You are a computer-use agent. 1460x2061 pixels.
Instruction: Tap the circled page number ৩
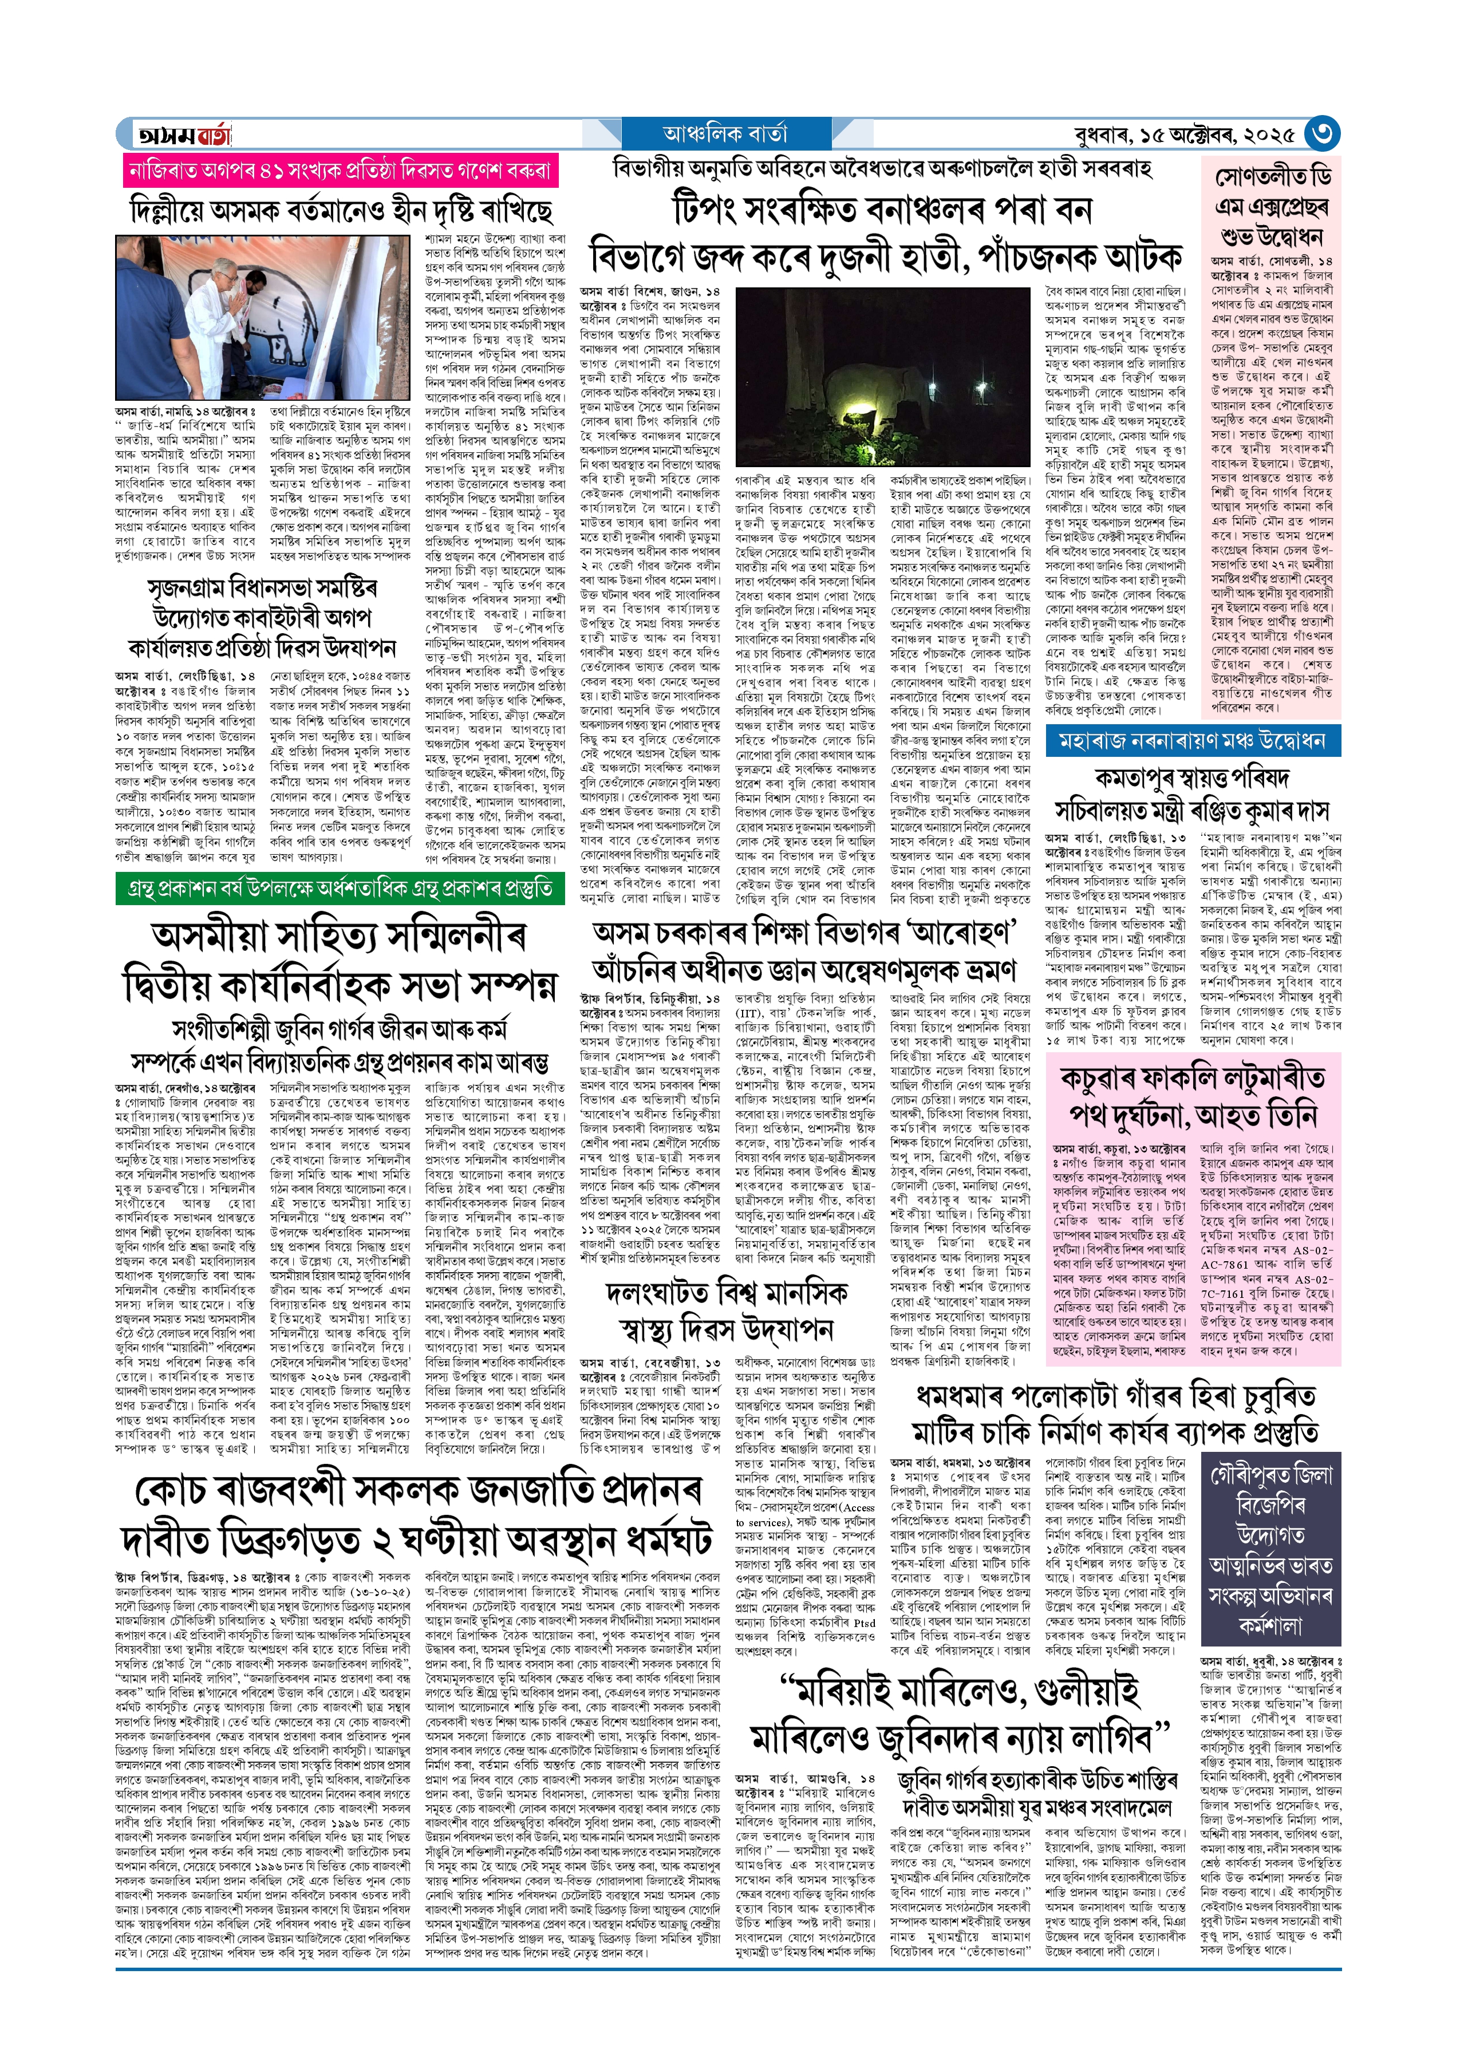tap(1321, 134)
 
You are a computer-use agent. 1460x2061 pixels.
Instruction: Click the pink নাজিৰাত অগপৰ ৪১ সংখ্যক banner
tap(341, 171)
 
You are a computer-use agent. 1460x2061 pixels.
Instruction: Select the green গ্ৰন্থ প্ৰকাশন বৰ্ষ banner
tap(340, 889)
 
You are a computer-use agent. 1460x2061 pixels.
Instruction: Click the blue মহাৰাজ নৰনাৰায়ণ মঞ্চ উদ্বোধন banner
tap(1192, 741)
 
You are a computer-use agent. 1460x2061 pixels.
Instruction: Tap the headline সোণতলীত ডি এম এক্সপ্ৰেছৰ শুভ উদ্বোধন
tap(1270, 207)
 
